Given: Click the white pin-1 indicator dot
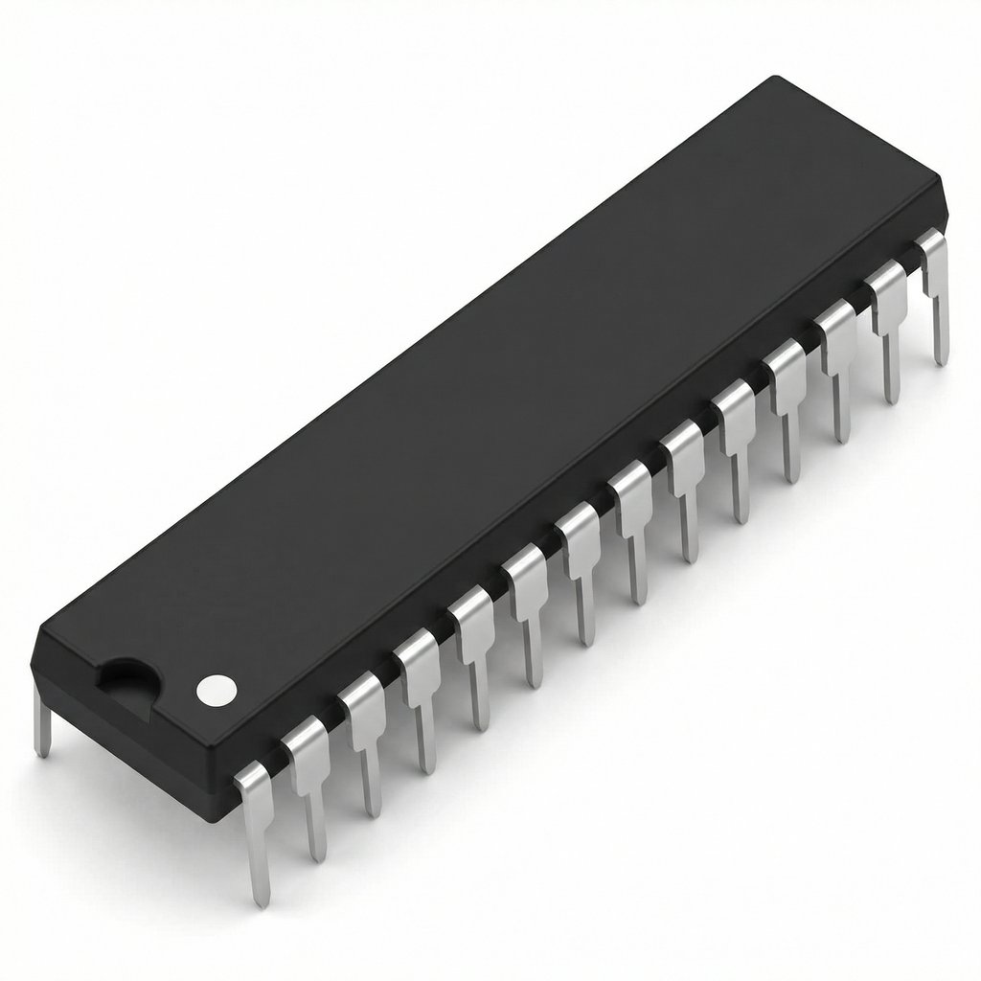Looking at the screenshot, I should (216, 690).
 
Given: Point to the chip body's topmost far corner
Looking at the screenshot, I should (774, 78).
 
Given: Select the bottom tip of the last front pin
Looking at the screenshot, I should (941, 361).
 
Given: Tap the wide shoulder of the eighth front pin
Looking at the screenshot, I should (632, 489).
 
